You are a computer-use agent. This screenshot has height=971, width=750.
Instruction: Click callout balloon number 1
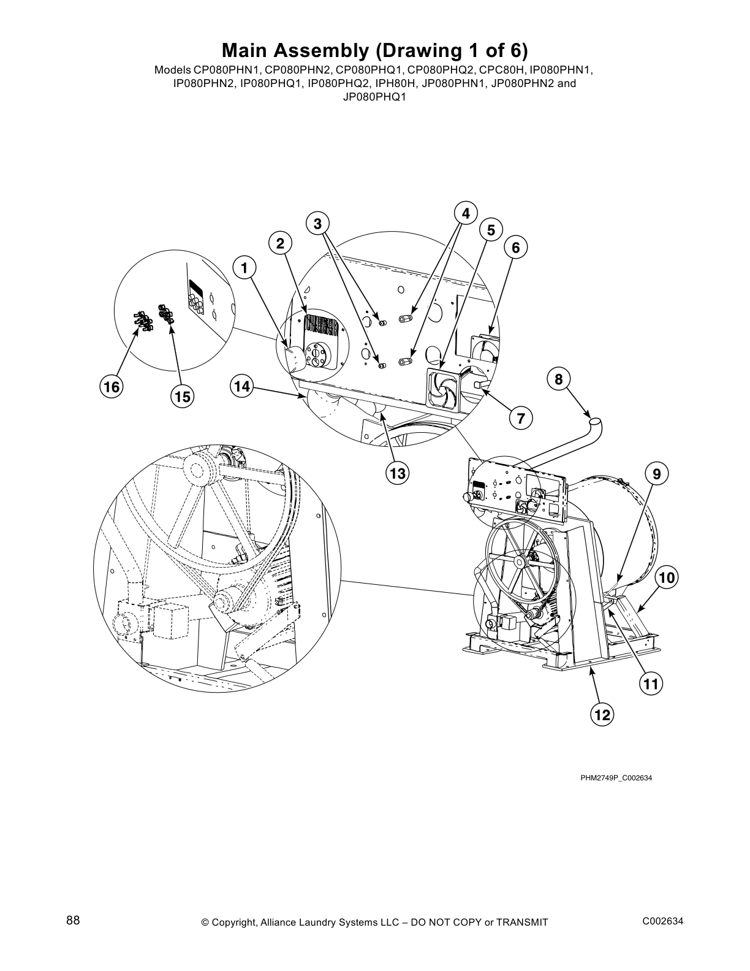pyautogui.click(x=244, y=268)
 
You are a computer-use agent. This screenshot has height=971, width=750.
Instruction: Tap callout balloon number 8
pyautogui.click(x=558, y=379)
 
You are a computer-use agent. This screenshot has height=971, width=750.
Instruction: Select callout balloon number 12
pyautogui.click(x=602, y=714)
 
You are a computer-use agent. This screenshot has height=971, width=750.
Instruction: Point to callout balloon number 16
pyautogui.click(x=112, y=387)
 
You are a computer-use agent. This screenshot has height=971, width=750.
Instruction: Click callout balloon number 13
pyautogui.click(x=398, y=473)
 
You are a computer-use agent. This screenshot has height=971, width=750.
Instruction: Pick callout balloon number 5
pyautogui.click(x=491, y=230)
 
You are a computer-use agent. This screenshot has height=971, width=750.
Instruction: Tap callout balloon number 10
pyautogui.click(x=667, y=577)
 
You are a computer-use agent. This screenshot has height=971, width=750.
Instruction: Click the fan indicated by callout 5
pyautogui.click(x=442, y=390)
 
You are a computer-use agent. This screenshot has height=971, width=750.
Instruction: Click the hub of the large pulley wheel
pyautogui.click(x=521, y=561)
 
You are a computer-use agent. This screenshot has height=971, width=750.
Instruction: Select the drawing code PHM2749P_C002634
pyautogui.click(x=616, y=778)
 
